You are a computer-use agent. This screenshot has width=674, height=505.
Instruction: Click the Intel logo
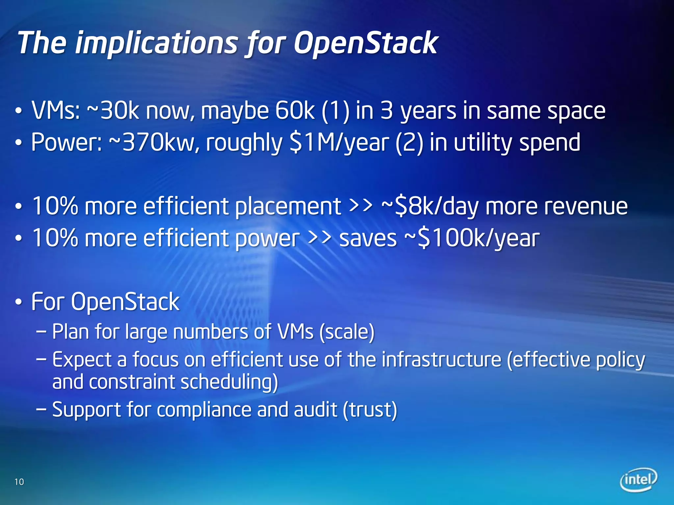pos(638,480)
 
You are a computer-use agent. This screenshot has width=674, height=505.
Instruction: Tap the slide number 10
pos(19,482)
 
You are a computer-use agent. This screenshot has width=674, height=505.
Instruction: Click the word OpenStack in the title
pos(365,43)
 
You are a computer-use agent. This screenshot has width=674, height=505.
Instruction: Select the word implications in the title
pos(156,43)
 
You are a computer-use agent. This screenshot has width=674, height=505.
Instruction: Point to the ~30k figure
pos(113,111)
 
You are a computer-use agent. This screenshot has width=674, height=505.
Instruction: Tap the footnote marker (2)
pos(409,143)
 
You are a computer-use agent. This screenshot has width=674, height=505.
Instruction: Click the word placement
pos(288,206)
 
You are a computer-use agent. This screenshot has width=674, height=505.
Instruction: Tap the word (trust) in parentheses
pos(370,410)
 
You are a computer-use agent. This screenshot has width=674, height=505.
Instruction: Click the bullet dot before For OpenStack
pos(19,302)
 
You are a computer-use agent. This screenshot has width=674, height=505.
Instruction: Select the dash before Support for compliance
pos(41,410)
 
